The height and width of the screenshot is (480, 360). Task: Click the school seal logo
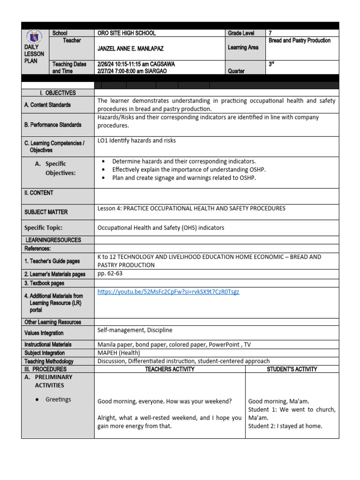[x=34, y=36]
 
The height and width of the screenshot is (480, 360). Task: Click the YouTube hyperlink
[x=168, y=292]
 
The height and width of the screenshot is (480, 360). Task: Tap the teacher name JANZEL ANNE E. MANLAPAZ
[x=130, y=49]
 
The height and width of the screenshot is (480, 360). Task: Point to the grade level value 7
[x=270, y=33]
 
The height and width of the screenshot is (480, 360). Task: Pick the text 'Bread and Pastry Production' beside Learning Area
[x=300, y=41]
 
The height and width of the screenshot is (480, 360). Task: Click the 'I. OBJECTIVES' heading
[x=58, y=93]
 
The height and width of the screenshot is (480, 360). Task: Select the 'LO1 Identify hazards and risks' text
[x=137, y=140]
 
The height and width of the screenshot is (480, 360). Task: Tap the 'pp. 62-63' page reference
[x=110, y=273]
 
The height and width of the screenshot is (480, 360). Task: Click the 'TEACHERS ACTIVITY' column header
[x=170, y=369]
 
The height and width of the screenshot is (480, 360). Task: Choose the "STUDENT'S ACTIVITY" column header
[x=292, y=369]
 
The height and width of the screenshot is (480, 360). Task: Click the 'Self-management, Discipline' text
[x=135, y=330]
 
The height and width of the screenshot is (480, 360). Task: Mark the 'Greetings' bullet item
[x=58, y=399]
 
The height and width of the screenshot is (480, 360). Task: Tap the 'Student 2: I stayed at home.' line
[x=285, y=426]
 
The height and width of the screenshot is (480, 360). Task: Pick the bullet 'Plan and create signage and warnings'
[x=184, y=178]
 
